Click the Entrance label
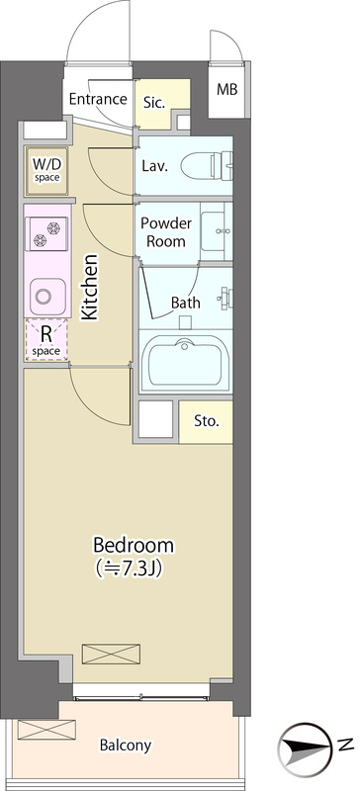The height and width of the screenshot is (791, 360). [98, 99]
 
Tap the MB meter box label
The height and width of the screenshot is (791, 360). [226, 89]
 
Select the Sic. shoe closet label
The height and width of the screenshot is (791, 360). [154, 103]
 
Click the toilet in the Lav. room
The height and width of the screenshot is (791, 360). [207, 165]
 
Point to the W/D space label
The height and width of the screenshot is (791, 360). [46, 169]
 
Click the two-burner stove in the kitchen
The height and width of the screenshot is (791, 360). [46, 233]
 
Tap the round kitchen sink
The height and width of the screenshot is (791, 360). [46, 297]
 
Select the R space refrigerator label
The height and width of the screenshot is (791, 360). [46, 341]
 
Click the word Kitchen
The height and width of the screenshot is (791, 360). [90, 287]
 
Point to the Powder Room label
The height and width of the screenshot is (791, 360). [166, 232]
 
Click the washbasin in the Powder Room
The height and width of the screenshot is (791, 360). [217, 230]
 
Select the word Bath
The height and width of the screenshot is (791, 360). [185, 303]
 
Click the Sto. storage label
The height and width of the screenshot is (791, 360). [207, 422]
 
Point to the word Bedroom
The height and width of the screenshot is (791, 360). [134, 546]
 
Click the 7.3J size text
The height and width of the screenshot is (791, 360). [134, 569]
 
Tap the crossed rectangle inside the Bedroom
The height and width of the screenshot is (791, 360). [111, 654]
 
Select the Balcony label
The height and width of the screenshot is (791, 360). [126, 746]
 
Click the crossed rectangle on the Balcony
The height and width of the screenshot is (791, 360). [46, 730]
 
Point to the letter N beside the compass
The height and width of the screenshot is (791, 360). [345, 744]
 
